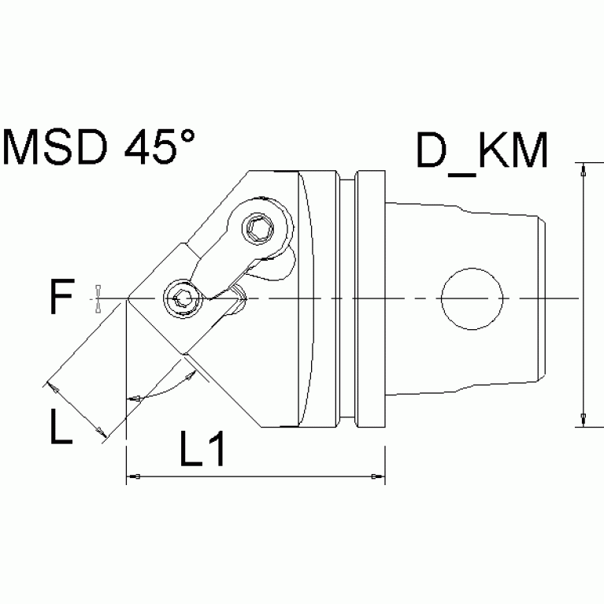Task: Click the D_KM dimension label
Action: (481, 151)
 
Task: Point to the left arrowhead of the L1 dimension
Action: (133, 477)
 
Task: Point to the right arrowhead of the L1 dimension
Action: (378, 477)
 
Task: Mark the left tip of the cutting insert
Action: (127, 298)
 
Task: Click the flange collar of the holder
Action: (370, 298)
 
